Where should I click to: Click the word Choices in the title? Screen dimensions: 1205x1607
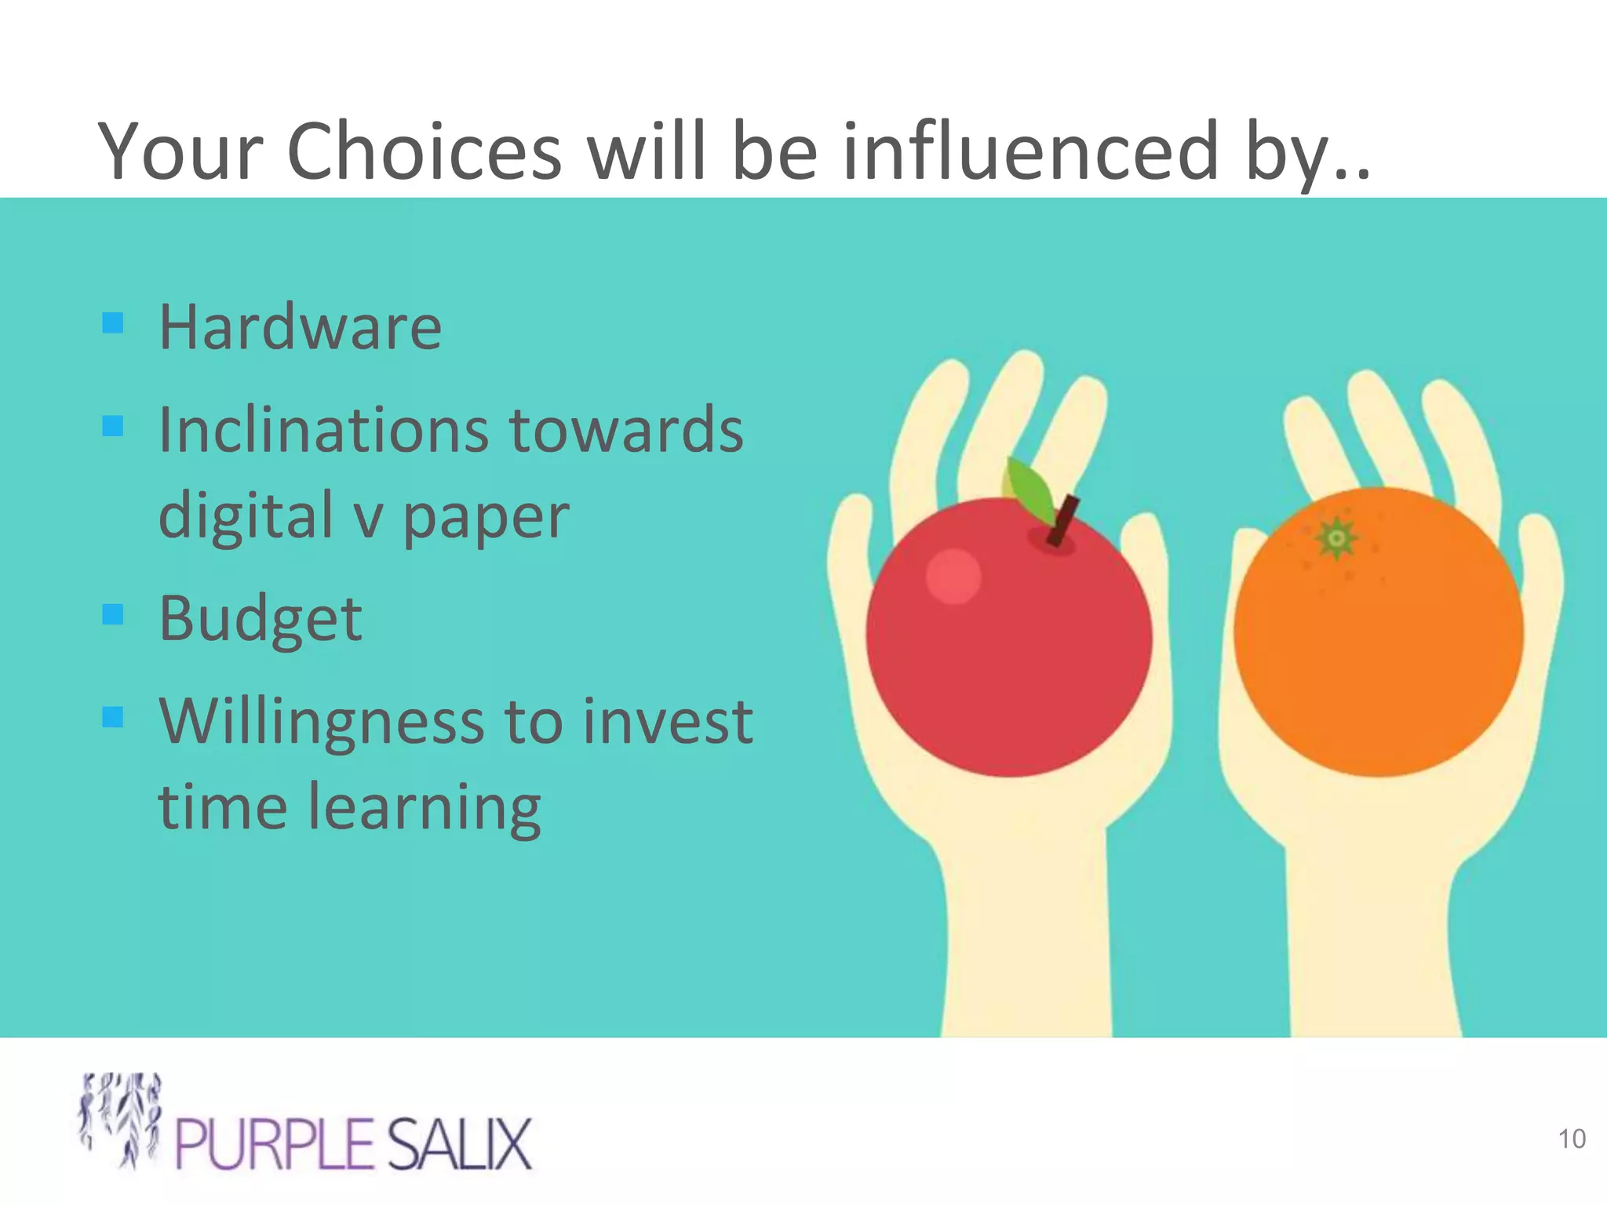pos(425,151)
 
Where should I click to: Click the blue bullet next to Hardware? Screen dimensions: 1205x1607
pos(113,322)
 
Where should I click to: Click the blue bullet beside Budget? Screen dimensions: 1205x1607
pos(113,613)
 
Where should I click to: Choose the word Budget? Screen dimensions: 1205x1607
pos(261,618)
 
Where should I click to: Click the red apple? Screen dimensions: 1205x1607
pos(1009,651)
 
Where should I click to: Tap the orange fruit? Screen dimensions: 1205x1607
pos(1378,643)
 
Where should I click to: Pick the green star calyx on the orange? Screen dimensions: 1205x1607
pos(1337,538)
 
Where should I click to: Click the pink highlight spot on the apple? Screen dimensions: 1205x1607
pos(953,577)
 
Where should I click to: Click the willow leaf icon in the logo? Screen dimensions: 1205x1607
pos(122,1118)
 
